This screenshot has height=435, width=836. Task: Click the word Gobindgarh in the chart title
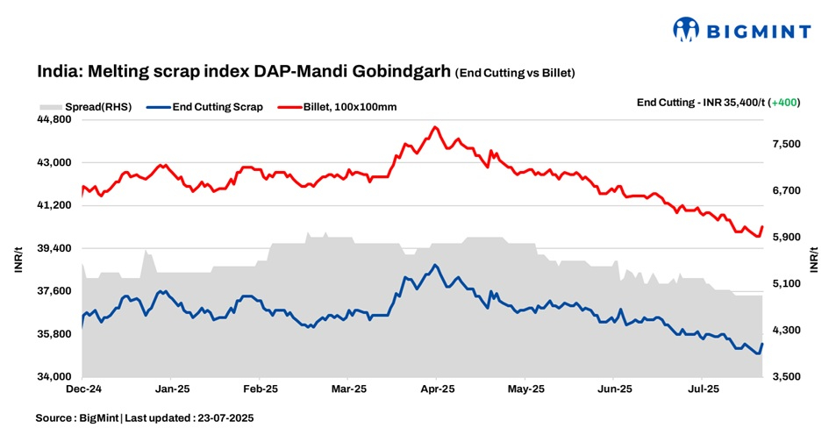coord(404,71)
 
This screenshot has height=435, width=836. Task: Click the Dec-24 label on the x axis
coord(83,388)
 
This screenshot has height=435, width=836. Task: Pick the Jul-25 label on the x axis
coord(703,388)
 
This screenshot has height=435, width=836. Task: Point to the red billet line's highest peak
coord(435,127)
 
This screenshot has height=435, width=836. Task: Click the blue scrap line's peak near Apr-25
coord(435,265)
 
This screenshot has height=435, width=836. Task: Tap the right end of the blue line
coord(762,344)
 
